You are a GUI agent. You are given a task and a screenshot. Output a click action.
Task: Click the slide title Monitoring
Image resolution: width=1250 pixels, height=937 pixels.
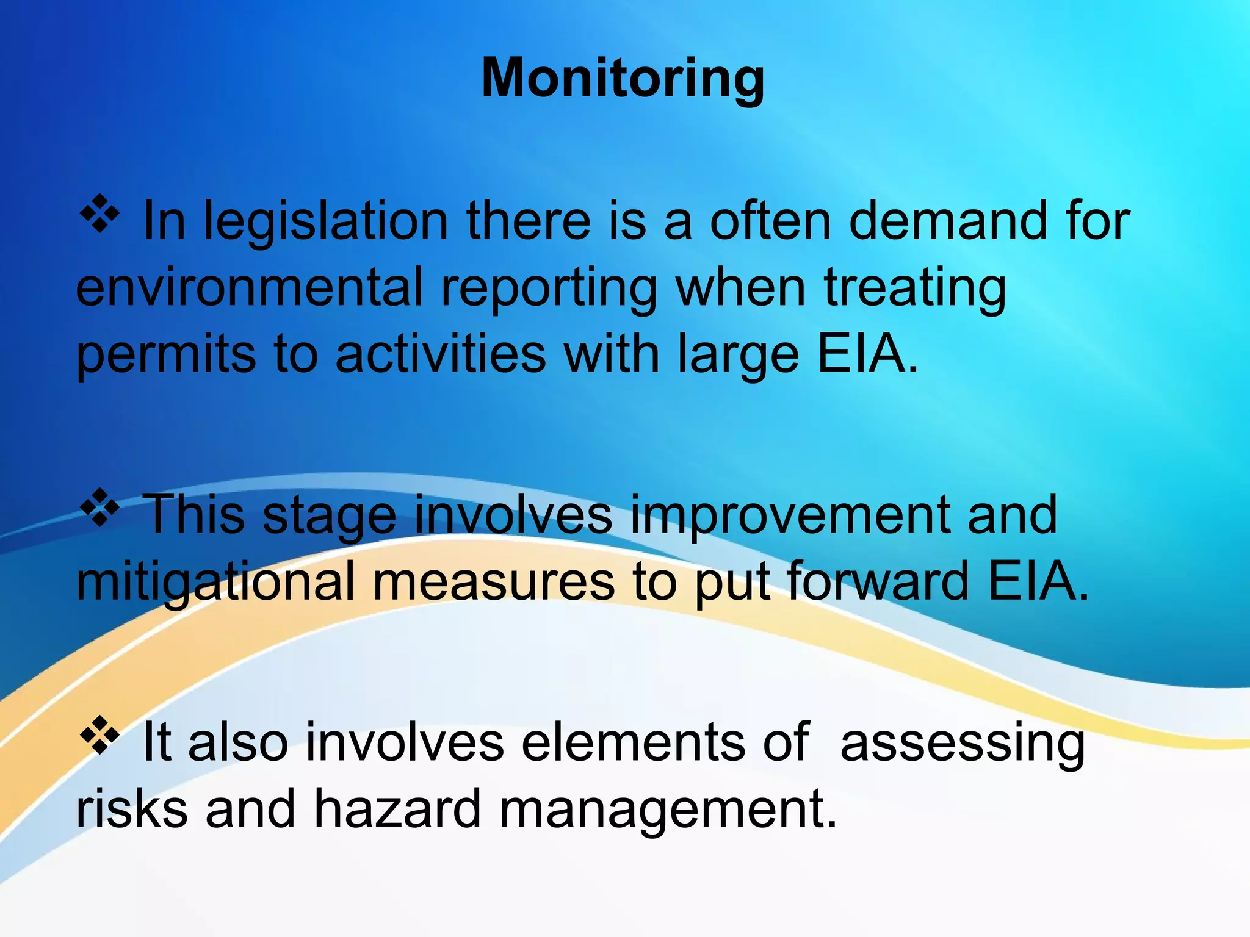click(x=623, y=79)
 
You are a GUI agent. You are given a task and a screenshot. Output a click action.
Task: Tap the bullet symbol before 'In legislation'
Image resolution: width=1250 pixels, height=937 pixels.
click(x=99, y=215)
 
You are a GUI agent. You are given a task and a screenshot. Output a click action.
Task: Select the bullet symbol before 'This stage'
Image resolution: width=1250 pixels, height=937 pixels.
click(x=99, y=508)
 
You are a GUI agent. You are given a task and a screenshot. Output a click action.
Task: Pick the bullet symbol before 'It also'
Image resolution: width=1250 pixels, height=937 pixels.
click(x=99, y=736)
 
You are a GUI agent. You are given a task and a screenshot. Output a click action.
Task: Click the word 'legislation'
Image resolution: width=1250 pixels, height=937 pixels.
click(x=326, y=221)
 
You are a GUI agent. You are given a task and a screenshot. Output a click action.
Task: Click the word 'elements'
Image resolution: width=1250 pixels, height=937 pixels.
click(x=633, y=742)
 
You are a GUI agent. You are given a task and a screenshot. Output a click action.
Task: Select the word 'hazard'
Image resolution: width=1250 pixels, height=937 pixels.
click(x=397, y=809)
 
